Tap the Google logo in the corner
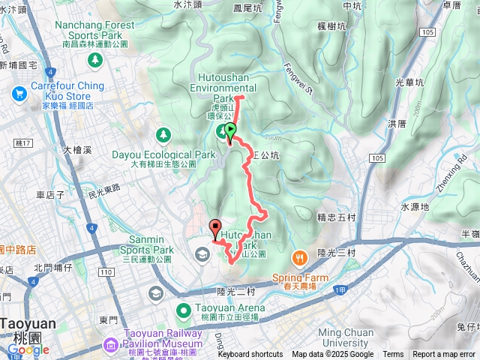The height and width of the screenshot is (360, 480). [x=28, y=349]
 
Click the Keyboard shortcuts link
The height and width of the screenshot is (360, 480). [x=250, y=355]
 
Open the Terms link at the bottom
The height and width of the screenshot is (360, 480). [x=393, y=355]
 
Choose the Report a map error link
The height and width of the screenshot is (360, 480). [x=445, y=355]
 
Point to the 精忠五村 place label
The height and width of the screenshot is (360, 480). [x=335, y=218]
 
